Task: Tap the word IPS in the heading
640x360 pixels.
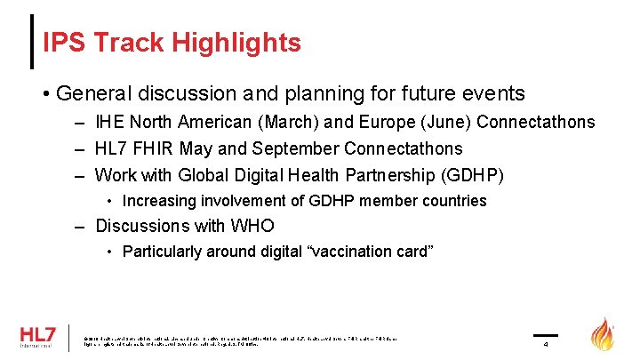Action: point(64,42)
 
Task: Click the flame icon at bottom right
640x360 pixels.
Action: point(604,335)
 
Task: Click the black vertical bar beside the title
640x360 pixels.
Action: point(32,42)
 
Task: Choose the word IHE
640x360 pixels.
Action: point(110,123)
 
